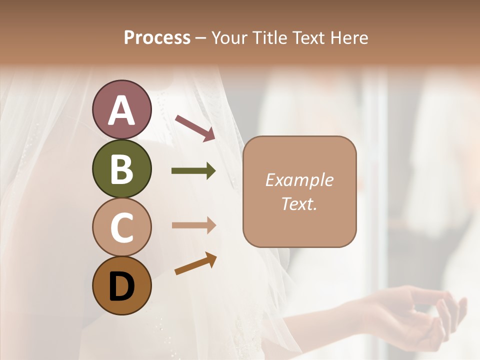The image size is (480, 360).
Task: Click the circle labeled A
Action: point(121,109)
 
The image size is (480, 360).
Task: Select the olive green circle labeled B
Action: point(121,168)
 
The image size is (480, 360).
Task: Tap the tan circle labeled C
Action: point(121,227)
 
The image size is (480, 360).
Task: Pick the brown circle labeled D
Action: point(121,286)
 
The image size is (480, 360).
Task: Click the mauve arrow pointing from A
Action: point(195,127)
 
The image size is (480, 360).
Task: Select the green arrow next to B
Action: point(193,171)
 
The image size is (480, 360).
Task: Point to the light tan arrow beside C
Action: point(193,225)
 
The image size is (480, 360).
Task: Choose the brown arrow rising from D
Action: point(195,263)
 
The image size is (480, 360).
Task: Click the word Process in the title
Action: point(157,38)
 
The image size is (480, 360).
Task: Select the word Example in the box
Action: point(299,180)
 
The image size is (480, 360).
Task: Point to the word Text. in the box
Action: point(299,203)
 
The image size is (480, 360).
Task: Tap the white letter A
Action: point(121,110)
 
